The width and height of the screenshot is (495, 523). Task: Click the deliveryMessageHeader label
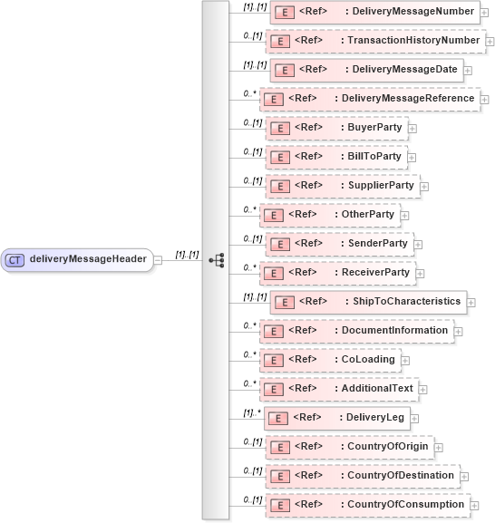click(x=88, y=259)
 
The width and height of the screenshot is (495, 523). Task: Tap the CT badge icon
click(x=15, y=259)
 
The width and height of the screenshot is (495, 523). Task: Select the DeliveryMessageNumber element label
click(x=412, y=12)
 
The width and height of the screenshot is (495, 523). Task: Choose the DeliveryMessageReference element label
click(x=403, y=98)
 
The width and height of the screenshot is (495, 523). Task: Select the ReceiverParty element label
click(x=376, y=272)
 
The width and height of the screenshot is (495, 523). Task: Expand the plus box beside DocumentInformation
click(x=458, y=331)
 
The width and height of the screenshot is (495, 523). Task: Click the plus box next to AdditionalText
click(x=423, y=389)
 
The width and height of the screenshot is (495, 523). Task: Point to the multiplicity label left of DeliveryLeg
click(x=252, y=412)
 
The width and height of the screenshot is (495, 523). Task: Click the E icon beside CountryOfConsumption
click(x=279, y=504)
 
